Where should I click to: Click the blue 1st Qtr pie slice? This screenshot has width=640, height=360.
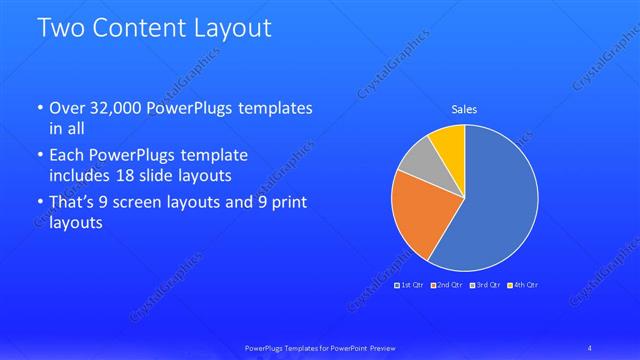coord(495,210)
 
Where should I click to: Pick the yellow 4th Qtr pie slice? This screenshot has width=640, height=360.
coord(448,144)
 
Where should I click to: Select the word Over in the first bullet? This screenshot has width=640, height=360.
coord(67,108)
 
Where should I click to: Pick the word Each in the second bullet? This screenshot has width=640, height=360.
coord(68,156)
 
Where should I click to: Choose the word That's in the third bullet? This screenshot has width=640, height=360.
coord(74,203)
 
